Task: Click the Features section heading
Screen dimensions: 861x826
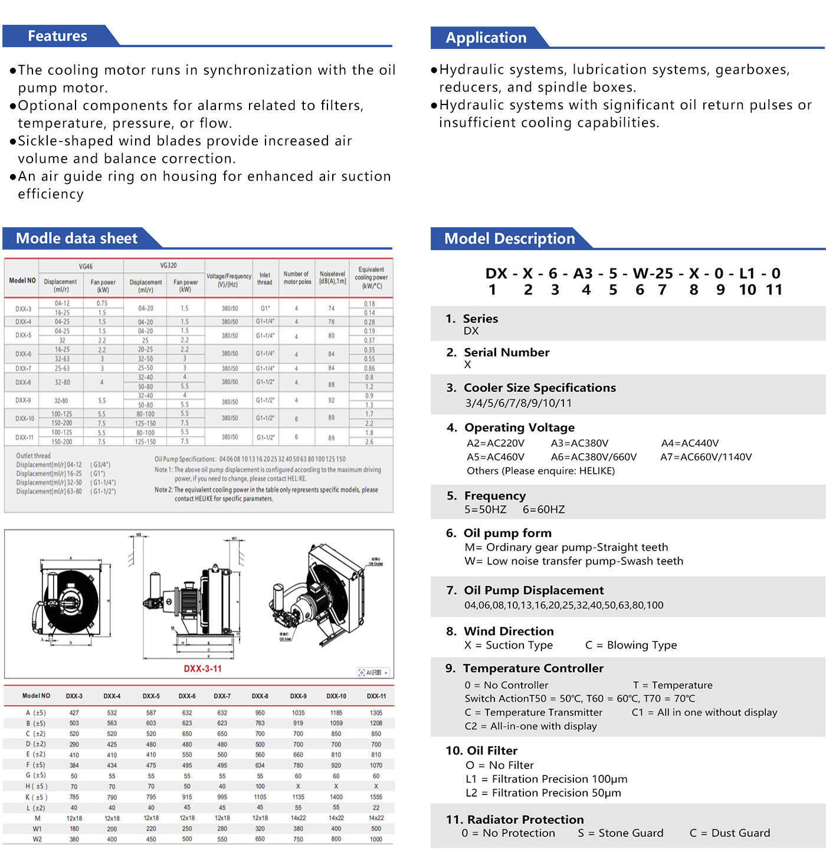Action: click(x=57, y=36)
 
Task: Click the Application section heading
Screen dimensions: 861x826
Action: click(x=486, y=38)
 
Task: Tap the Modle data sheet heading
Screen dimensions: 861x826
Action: click(x=76, y=238)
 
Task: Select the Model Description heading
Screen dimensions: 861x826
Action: click(x=509, y=238)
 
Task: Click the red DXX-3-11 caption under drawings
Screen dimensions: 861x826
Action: click(x=202, y=669)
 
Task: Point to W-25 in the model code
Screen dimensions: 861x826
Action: click(x=653, y=274)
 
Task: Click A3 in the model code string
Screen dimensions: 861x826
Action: click(x=583, y=274)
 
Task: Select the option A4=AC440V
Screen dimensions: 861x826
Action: click(x=690, y=443)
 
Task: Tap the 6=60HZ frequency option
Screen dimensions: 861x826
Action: click(x=543, y=509)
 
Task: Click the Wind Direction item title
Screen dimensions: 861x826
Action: click(x=509, y=631)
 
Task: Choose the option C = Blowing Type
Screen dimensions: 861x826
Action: click(x=631, y=645)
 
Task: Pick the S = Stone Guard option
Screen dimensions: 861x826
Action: click(x=621, y=833)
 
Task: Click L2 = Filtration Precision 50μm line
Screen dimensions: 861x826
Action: click(x=543, y=793)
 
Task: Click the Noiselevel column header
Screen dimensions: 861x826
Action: click(x=332, y=277)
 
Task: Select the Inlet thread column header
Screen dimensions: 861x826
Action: click(x=265, y=279)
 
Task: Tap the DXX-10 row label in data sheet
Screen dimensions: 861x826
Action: click(x=25, y=418)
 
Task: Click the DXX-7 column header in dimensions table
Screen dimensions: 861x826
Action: click(x=222, y=696)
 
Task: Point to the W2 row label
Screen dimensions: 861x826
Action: click(x=37, y=839)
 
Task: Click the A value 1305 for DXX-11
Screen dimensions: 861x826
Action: click(x=376, y=713)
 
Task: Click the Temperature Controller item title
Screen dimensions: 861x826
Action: click(x=533, y=668)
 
